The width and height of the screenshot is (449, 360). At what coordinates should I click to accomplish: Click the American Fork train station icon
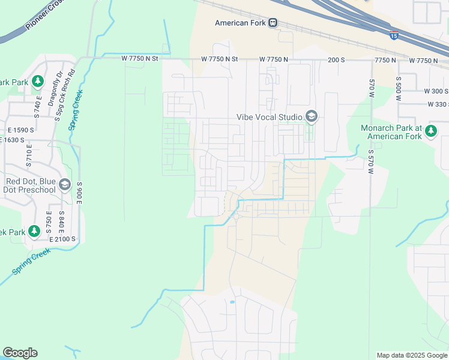click(273, 23)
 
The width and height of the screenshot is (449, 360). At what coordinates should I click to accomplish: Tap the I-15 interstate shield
click(394, 35)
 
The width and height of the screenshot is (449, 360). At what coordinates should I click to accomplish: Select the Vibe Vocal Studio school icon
click(311, 116)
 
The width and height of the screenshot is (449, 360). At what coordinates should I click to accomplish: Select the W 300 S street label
click(436, 91)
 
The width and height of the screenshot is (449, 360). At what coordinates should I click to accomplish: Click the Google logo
click(20, 353)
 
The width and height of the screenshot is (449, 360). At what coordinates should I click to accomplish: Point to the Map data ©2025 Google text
click(411, 355)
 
